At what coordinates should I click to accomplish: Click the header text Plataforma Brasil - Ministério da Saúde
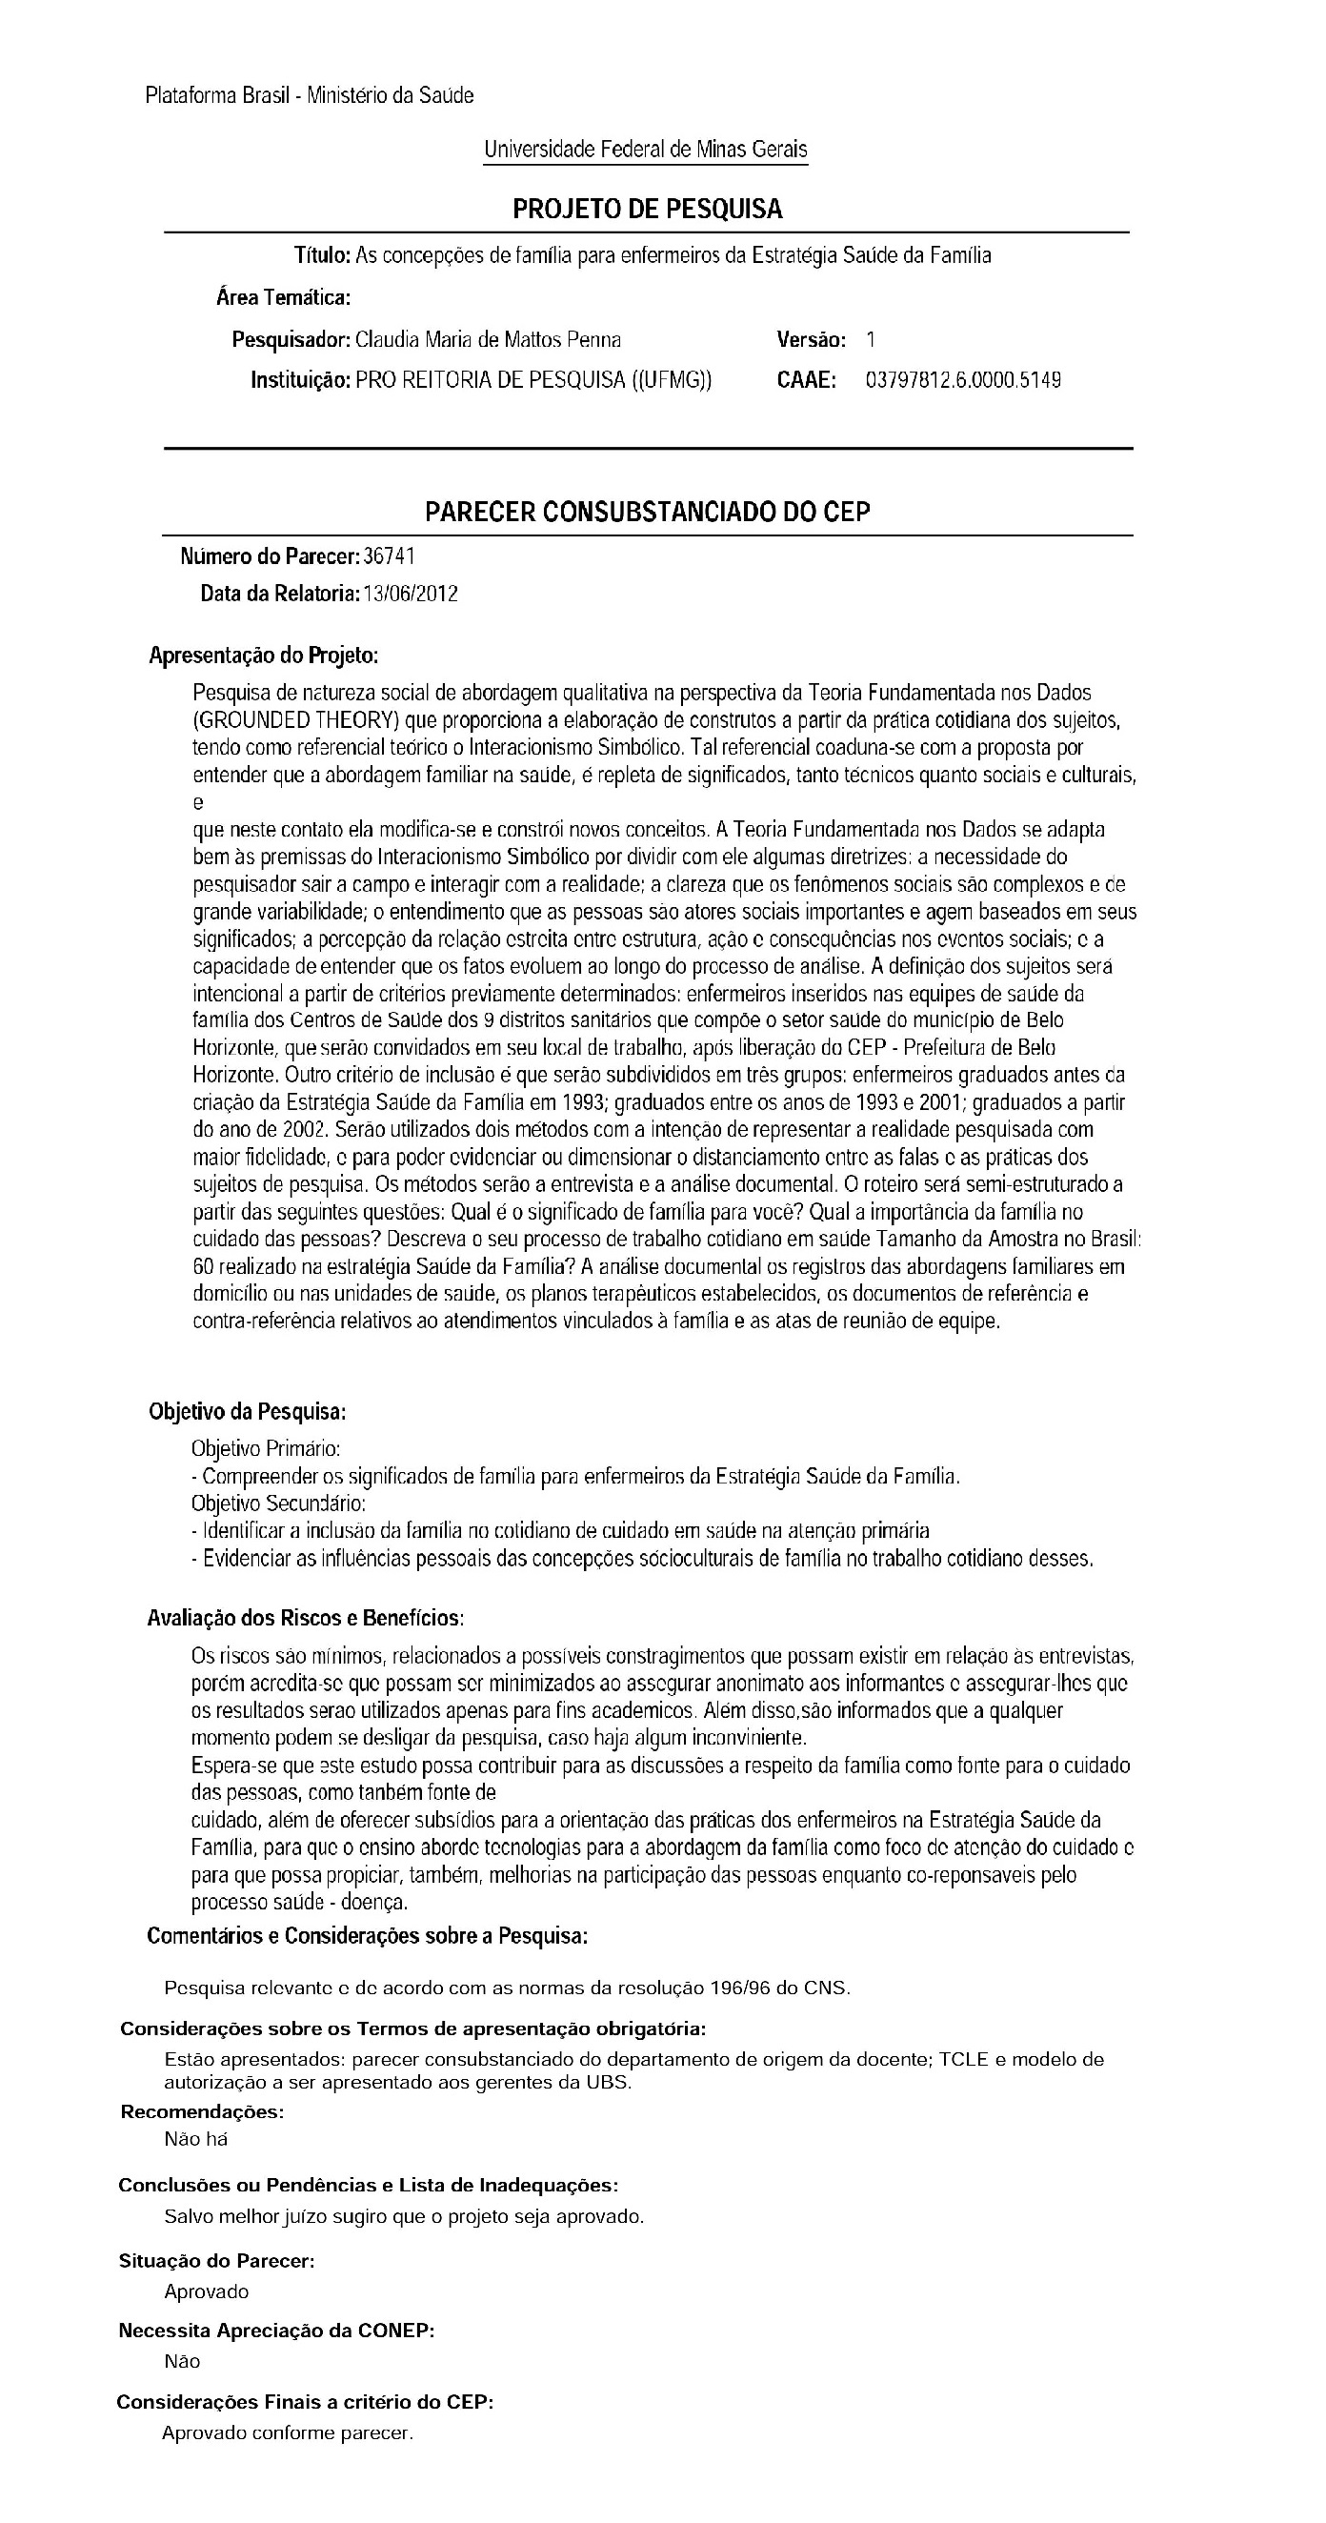(310, 95)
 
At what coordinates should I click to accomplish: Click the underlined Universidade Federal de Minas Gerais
(645, 149)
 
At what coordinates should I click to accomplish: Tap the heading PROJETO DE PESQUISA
(648, 209)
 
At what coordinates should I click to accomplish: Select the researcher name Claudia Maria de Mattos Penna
(488, 340)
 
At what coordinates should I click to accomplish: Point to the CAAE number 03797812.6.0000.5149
(963, 380)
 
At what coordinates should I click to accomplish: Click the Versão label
(811, 340)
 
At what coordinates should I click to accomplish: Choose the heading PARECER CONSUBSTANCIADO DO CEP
(648, 512)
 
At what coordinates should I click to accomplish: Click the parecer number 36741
(389, 556)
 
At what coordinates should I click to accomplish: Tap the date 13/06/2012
(411, 594)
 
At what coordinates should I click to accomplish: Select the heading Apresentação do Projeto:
(264, 656)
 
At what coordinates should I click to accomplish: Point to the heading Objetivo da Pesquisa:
(248, 1411)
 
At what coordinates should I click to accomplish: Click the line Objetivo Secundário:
(278, 1503)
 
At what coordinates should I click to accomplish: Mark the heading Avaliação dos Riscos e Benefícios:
(305, 1617)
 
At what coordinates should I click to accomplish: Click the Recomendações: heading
(202, 2110)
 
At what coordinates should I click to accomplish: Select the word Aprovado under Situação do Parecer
(207, 2291)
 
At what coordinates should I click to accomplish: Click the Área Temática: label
(283, 296)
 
